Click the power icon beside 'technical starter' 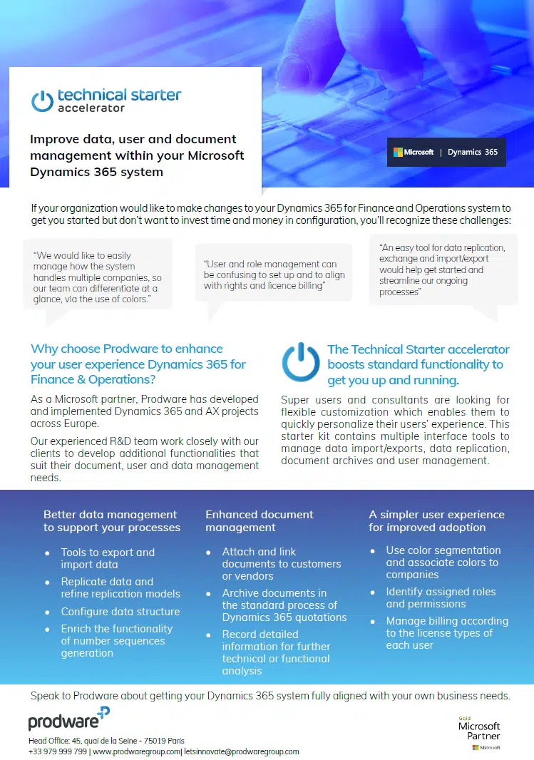pyautogui.click(x=42, y=101)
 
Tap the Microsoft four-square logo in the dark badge pyautogui.click(x=399, y=152)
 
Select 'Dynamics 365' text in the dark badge pyautogui.click(x=473, y=152)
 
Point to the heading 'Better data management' pyautogui.click(x=111, y=521)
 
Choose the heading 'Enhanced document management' pyautogui.click(x=260, y=521)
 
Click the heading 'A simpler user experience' pyautogui.click(x=436, y=521)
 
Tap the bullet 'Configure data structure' pyautogui.click(x=120, y=612)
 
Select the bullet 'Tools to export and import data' pyautogui.click(x=108, y=558)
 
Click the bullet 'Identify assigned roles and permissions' pyautogui.click(x=441, y=597)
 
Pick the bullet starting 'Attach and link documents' pyautogui.click(x=281, y=563)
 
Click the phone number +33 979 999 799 pyautogui.click(x=58, y=751)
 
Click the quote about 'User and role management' pyautogui.click(x=274, y=274)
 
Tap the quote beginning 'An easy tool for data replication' pyautogui.click(x=442, y=269)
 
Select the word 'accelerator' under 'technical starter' pyautogui.click(x=91, y=108)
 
